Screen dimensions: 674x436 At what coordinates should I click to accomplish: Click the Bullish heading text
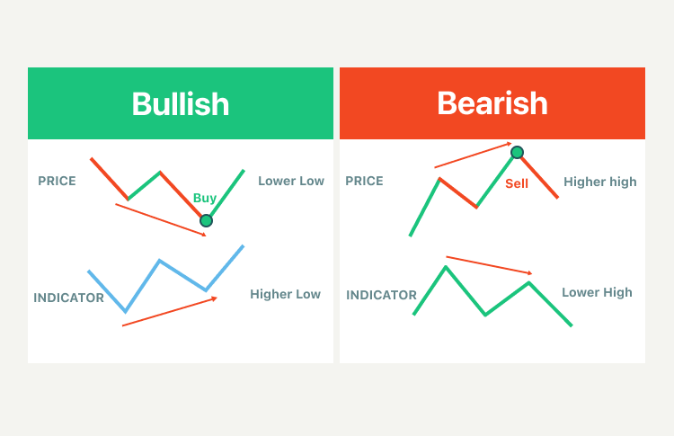[181, 103]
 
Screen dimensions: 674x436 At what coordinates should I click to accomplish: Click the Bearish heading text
[492, 103]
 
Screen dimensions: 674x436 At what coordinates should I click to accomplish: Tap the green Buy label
[205, 198]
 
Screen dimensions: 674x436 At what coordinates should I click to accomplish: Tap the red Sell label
[516, 183]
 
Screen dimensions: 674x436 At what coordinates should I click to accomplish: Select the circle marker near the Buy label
[207, 220]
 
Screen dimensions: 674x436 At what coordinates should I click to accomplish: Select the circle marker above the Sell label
[517, 152]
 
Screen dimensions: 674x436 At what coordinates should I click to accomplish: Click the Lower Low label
[291, 181]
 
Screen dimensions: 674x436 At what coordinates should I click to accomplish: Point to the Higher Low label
[286, 294]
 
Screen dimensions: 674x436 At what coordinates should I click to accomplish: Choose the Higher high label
[600, 182]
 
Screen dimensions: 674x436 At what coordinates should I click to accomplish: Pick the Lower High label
[597, 292]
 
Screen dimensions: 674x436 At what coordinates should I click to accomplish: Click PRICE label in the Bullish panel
[57, 181]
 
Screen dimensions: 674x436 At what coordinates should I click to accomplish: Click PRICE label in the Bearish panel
[364, 181]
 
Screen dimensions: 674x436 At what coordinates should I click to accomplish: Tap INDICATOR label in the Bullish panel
[69, 298]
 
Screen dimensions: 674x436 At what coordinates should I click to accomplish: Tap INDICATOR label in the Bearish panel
[381, 295]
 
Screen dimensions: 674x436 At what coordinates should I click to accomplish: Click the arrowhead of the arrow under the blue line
[215, 298]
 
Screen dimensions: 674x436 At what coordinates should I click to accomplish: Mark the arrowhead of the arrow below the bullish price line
[204, 235]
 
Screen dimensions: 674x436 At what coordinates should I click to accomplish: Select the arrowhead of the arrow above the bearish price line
[509, 144]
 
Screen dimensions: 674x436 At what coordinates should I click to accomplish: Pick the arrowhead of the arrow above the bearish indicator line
[529, 272]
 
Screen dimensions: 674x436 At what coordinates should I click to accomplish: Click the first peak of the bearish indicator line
[446, 267]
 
